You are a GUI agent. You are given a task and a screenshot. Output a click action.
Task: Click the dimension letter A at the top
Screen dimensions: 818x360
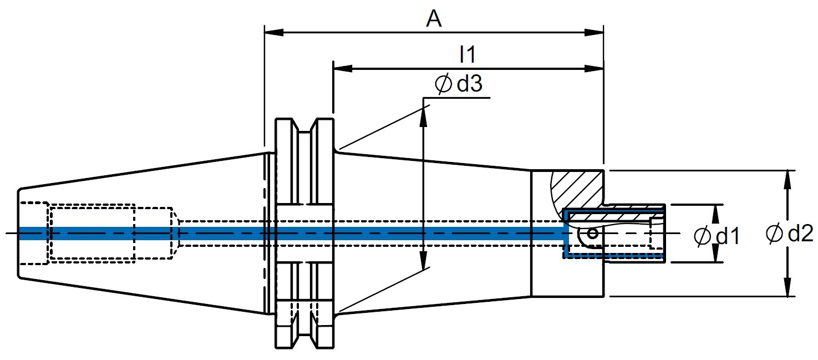434,19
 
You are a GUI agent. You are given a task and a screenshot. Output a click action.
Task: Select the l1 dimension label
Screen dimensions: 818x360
468,54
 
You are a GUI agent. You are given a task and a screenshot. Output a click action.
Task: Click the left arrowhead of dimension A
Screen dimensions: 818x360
275,33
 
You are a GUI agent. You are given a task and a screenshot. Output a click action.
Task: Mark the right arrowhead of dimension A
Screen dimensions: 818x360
594,33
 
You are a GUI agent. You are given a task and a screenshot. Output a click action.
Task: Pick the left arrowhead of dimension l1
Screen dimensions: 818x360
343,68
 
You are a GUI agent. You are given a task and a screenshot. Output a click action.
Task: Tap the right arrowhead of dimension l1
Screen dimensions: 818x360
594,68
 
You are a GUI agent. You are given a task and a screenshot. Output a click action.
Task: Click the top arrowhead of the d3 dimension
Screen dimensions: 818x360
423,116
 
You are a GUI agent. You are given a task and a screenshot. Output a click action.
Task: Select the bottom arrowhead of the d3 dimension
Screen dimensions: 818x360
423,260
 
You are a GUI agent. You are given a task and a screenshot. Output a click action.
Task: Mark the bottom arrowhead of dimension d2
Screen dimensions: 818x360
787,287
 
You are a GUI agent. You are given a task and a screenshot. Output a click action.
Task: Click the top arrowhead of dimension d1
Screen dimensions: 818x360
716,214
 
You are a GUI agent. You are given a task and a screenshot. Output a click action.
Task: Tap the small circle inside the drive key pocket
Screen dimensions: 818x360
592,233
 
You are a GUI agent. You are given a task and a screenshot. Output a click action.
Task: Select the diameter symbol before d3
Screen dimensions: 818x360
444,84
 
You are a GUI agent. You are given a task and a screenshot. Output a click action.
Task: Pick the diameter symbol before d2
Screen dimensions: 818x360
775,234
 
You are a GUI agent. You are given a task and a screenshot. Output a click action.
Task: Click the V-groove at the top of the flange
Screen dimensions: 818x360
304,126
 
